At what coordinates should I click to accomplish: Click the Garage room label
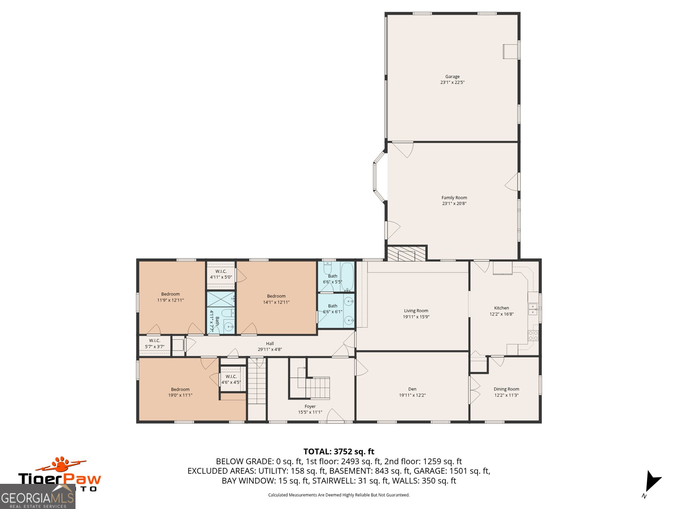pyautogui.click(x=452, y=77)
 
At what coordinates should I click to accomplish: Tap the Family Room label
pyautogui.click(x=454, y=198)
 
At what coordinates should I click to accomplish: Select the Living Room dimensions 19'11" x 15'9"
pyautogui.click(x=416, y=317)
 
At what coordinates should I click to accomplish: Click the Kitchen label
pyautogui.click(x=502, y=308)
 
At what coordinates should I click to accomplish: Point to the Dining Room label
pyautogui.click(x=506, y=389)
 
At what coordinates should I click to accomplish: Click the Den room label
pyautogui.click(x=412, y=389)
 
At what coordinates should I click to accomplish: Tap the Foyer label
pyautogui.click(x=310, y=406)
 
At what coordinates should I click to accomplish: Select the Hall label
pyautogui.click(x=270, y=344)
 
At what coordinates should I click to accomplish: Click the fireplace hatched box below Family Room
pyautogui.click(x=406, y=254)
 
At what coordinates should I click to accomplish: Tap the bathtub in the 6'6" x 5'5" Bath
pyautogui.click(x=347, y=277)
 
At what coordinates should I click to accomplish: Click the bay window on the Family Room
pyautogui.click(x=379, y=177)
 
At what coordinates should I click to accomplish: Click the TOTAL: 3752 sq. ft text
pyautogui.click(x=339, y=451)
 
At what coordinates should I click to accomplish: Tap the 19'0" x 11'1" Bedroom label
pyautogui.click(x=180, y=392)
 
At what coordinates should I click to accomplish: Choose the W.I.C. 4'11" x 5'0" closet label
pyautogui.click(x=221, y=274)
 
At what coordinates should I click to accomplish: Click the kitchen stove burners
pyautogui.click(x=533, y=335)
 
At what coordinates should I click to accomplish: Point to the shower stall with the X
pyautogui.click(x=220, y=299)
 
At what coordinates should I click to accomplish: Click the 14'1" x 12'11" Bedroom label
pyautogui.click(x=276, y=299)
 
